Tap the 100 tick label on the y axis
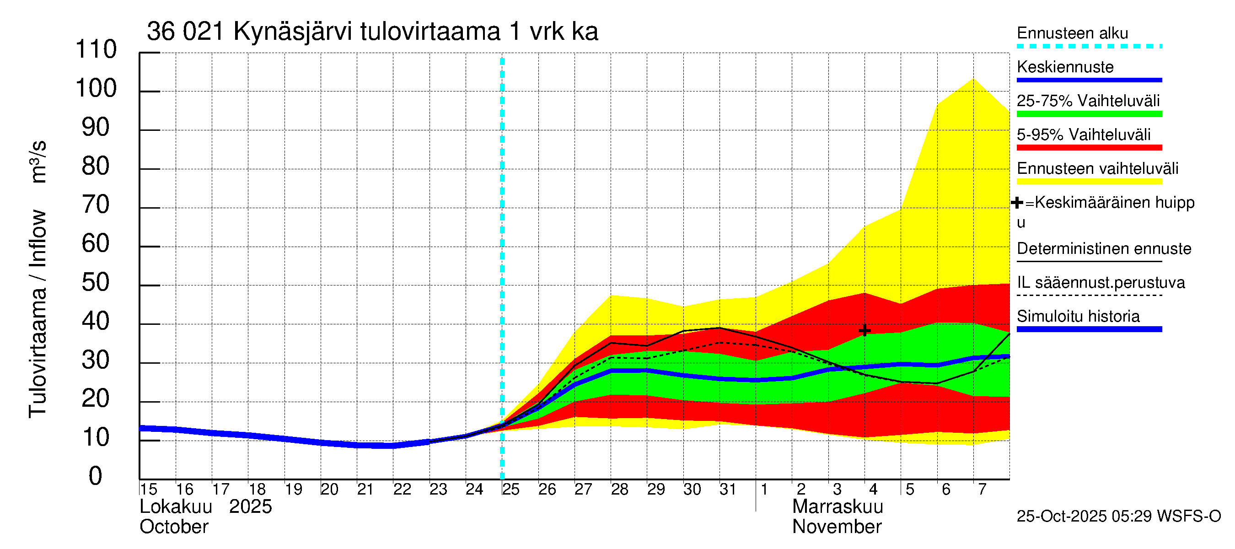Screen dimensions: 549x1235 pos(96,89)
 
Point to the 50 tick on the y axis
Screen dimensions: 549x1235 pos(96,283)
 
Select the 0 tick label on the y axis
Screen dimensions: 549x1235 pos(96,477)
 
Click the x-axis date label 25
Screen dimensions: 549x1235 pos(510,490)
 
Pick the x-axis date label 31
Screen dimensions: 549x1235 pos(728,490)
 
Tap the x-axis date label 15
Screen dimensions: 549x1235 pos(149,490)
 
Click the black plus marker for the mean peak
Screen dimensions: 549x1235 pos(864,330)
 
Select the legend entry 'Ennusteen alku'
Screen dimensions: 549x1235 pos(1073,33)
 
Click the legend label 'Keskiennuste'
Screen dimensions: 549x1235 pos(1065,67)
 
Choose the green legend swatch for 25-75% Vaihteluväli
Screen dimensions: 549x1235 pos(1089,114)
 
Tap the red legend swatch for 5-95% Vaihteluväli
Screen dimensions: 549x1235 pos(1089,148)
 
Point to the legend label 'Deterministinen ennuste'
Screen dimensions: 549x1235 pos(1104,249)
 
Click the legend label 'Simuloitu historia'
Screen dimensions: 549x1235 pos(1078,317)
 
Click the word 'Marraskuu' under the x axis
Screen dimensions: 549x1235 pos(837,507)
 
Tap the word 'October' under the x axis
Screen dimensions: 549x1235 pos(173,527)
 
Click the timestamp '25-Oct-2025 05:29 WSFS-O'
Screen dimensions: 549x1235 pos(1118,517)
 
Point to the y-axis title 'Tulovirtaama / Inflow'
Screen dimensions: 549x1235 pos(38,314)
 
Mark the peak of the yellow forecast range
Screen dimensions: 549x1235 pos(973,79)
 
